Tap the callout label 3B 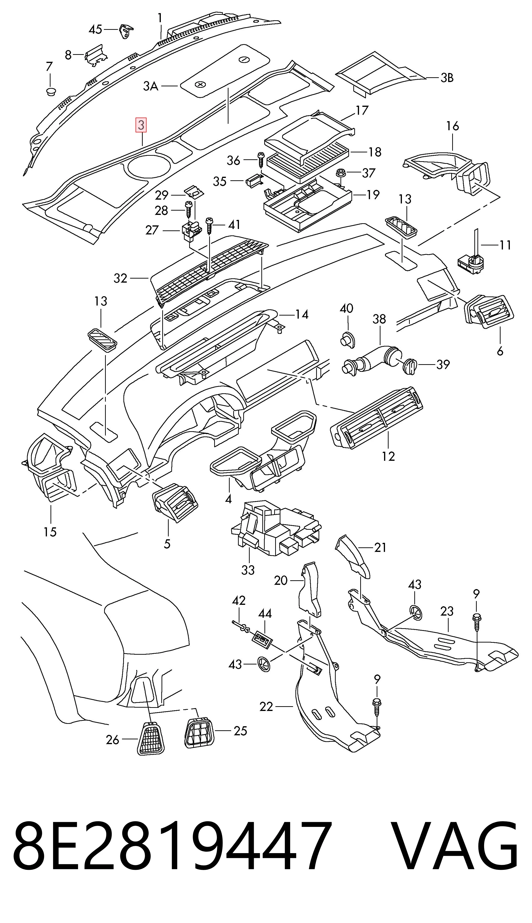coord(447,78)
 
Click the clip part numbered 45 coord(125,30)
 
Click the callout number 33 coord(248,570)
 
